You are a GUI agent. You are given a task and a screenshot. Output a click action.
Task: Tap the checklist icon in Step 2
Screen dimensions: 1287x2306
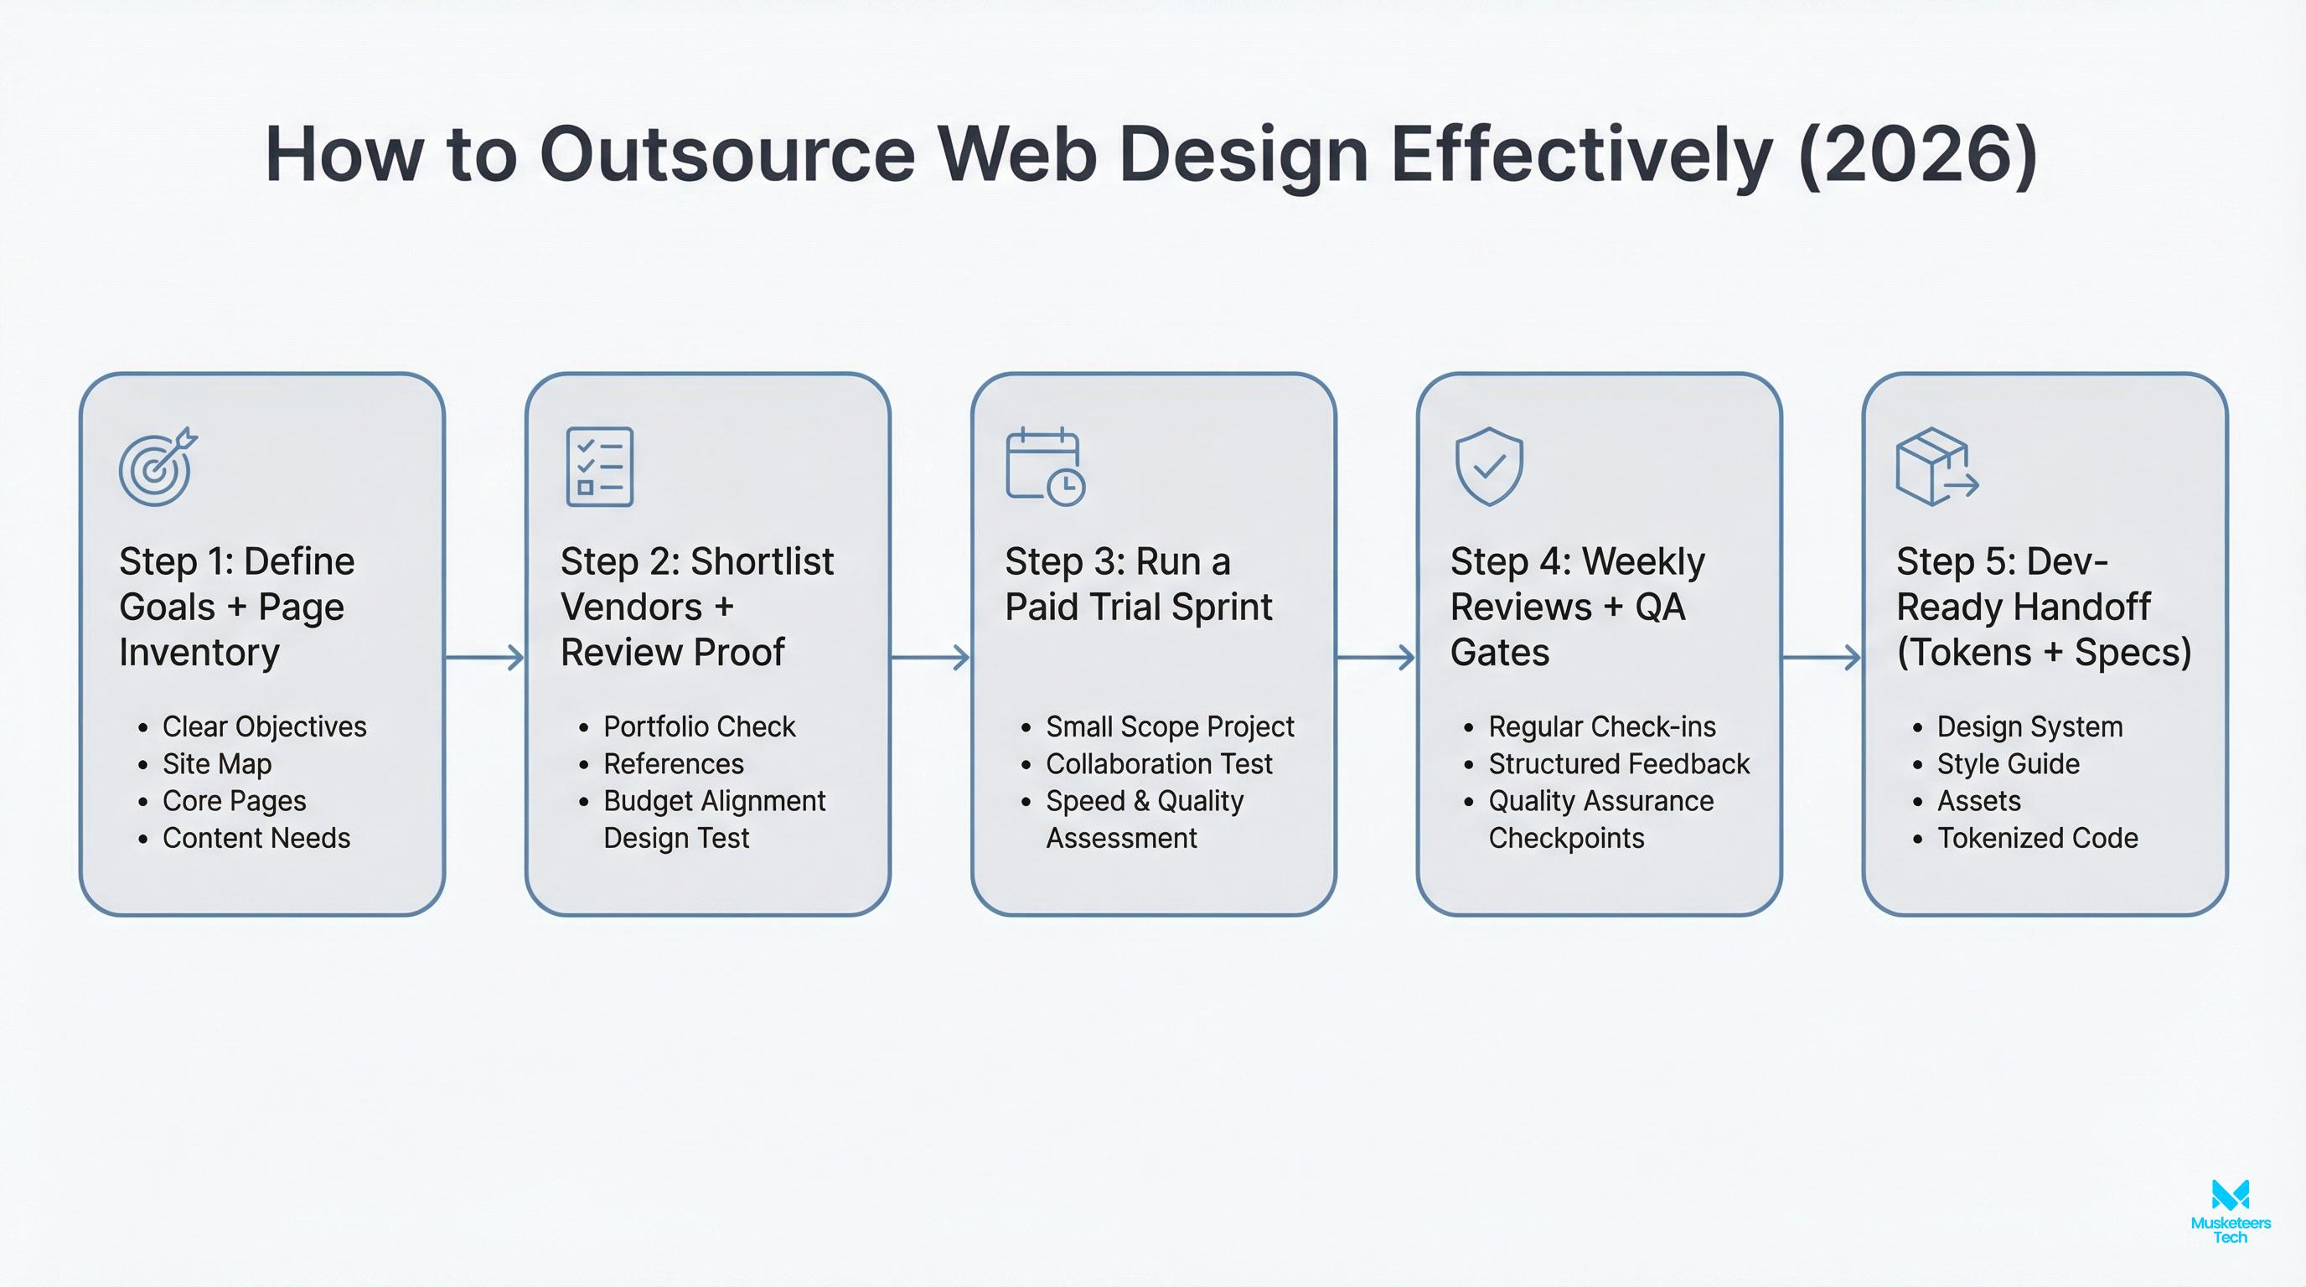click(600, 468)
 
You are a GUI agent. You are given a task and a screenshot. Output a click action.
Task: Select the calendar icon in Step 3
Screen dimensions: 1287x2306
click(1045, 468)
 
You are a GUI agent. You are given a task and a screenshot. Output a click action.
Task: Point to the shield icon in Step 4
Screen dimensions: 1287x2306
click(1489, 467)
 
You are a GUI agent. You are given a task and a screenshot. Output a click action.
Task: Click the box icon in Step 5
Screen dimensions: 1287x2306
click(1936, 468)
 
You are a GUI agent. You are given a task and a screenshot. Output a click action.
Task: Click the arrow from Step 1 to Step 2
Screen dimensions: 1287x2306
click(484, 658)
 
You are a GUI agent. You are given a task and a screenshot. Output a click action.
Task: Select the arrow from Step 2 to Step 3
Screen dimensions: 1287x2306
click(930, 658)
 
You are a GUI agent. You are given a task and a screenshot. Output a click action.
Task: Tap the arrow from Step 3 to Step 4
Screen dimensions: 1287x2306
click(1376, 658)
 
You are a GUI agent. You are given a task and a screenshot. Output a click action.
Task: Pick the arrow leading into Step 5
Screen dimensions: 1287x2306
click(1822, 658)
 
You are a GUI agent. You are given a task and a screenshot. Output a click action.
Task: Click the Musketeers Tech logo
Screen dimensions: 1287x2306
click(2230, 1212)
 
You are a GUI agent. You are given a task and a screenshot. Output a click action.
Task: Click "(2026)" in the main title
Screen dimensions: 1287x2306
click(1916, 155)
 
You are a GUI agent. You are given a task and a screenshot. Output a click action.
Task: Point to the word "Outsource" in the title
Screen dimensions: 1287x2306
click(726, 155)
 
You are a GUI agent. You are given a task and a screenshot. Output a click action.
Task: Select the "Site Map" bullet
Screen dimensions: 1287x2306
click(217, 763)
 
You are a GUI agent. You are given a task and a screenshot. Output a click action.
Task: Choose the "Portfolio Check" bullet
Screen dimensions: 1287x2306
click(699, 726)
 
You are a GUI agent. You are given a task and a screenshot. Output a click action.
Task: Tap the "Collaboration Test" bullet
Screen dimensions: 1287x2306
click(1159, 763)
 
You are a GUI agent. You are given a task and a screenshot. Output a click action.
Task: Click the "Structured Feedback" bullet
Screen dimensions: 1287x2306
click(1619, 763)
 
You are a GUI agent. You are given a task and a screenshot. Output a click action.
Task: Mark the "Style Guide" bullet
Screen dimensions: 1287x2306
click(2008, 763)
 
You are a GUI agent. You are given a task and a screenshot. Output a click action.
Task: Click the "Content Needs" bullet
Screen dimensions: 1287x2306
click(256, 838)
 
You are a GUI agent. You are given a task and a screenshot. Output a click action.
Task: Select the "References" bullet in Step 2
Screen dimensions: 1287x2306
click(673, 763)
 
